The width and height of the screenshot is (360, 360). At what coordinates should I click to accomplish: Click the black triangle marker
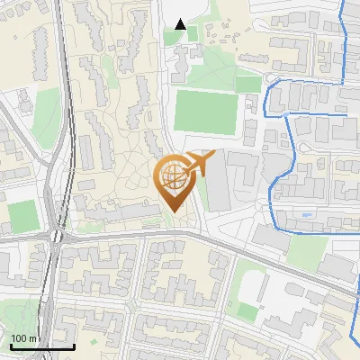tap(181, 24)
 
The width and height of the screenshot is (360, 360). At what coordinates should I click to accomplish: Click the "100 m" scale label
tap(23, 337)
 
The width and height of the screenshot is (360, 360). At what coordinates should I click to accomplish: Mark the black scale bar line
tap(41, 346)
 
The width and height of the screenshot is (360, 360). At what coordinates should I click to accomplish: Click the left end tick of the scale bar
tap(10, 345)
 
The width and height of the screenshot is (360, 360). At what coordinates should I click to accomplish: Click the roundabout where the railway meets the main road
tap(56, 236)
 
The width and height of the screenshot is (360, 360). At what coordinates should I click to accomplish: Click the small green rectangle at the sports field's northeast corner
tap(248, 84)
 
